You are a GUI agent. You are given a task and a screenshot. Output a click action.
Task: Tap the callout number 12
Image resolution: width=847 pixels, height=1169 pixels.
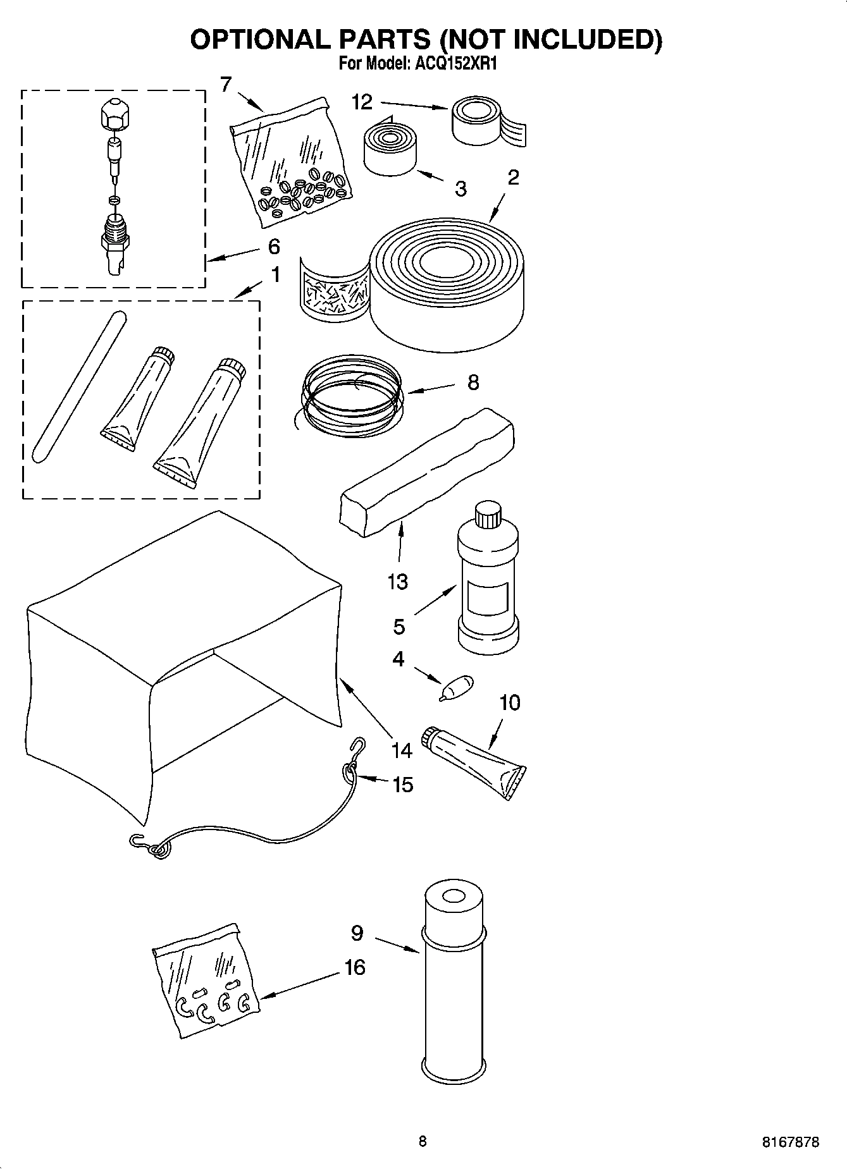tap(362, 102)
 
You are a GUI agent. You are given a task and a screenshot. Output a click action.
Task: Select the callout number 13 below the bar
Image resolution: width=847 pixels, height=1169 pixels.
tap(398, 581)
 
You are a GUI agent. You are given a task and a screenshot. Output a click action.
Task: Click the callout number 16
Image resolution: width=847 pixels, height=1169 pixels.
tap(355, 967)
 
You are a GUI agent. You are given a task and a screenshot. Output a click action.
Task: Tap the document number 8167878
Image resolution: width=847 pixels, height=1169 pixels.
tap(790, 1142)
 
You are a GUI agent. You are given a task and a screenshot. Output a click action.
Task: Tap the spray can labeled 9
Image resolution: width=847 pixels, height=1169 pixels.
tap(452, 986)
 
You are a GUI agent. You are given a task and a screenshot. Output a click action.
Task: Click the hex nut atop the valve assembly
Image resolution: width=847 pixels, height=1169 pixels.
tap(114, 114)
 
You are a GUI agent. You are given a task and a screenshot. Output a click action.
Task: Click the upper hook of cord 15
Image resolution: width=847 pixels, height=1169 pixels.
tap(359, 747)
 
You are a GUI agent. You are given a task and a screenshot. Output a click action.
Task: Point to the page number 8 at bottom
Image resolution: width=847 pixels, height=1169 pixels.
tap(423, 1141)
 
